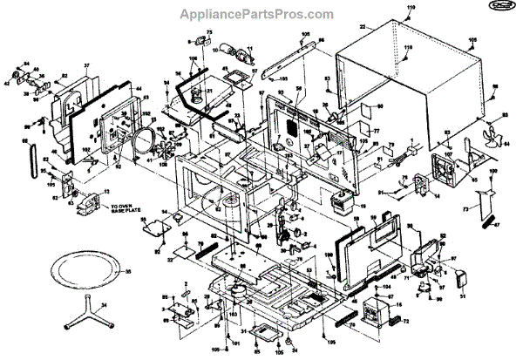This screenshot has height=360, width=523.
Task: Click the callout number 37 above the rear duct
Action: (x=87, y=66)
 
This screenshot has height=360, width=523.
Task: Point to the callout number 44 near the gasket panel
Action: (x=139, y=89)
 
